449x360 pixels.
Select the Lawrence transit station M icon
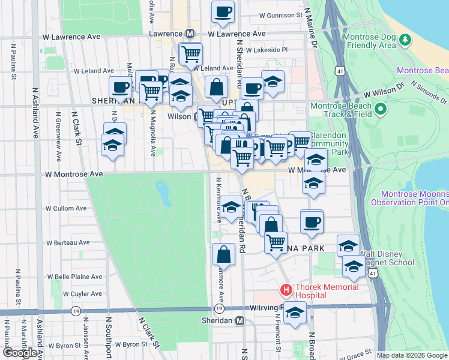(190, 34)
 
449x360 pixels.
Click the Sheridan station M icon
(240, 320)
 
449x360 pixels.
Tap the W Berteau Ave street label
(67, 242)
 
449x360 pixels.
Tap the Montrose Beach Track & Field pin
(379, 110)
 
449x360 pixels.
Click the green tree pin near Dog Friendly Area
(405, 40)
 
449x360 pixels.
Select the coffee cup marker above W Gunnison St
(223, 11)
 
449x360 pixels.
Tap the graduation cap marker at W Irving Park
(294, 313)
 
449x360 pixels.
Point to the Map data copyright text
(412, 355)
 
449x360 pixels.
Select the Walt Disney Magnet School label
(387, 258)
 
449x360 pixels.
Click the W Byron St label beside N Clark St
(130, 345)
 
